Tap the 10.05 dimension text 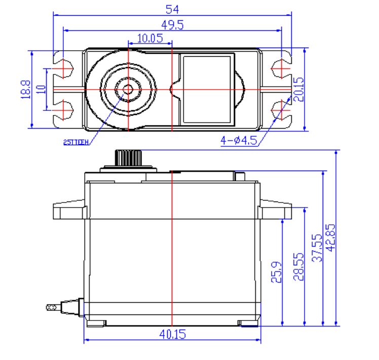point(149,38)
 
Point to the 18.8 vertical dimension point(25,89)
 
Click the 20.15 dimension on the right point(299,89)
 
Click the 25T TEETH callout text point(77,143)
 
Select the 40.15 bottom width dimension point(172,334)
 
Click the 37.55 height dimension point(318,248)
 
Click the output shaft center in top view point(128,89)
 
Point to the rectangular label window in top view point(208,89)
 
